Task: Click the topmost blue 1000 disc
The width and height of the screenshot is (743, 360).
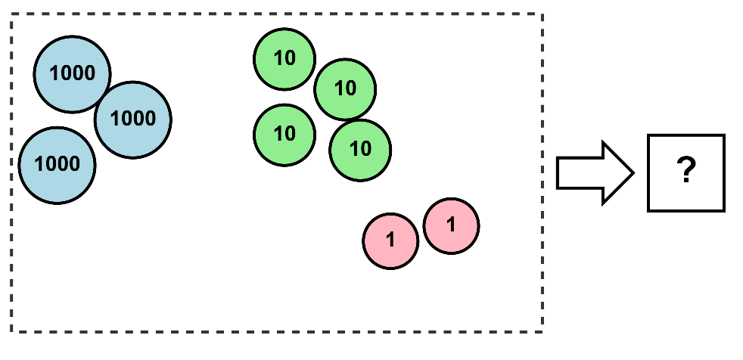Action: tap(73, 73)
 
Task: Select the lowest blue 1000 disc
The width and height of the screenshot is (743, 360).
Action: tap(58, 165)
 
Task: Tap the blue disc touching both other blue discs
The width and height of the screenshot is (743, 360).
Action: tap(133, 119)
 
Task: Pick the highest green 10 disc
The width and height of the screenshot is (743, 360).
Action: tap(284, 58)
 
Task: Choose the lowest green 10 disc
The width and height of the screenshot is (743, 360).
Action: tap(361, 150)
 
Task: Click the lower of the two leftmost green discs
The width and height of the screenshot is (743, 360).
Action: tap(284, 135)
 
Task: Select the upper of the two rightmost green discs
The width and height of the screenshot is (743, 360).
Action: tap(345, 89)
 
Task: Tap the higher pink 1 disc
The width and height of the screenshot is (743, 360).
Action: tap(451, 225)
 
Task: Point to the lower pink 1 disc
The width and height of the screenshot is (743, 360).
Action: tap(390, 241)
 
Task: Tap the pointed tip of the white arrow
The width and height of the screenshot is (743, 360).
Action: tap(633, 172)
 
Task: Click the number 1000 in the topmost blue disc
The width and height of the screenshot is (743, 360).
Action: tap(73, 73)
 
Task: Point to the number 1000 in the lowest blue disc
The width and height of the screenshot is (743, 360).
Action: tap(58, 165)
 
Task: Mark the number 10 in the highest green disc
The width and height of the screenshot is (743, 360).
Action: tap(284, 58)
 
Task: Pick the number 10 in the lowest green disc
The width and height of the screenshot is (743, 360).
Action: tap(361, 150)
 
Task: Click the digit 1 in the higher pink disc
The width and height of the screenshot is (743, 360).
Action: tap(451, 225)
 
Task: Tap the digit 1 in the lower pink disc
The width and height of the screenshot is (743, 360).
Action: tap(390, 241)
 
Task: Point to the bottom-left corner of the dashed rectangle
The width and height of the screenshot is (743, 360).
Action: tap(11, 331)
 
